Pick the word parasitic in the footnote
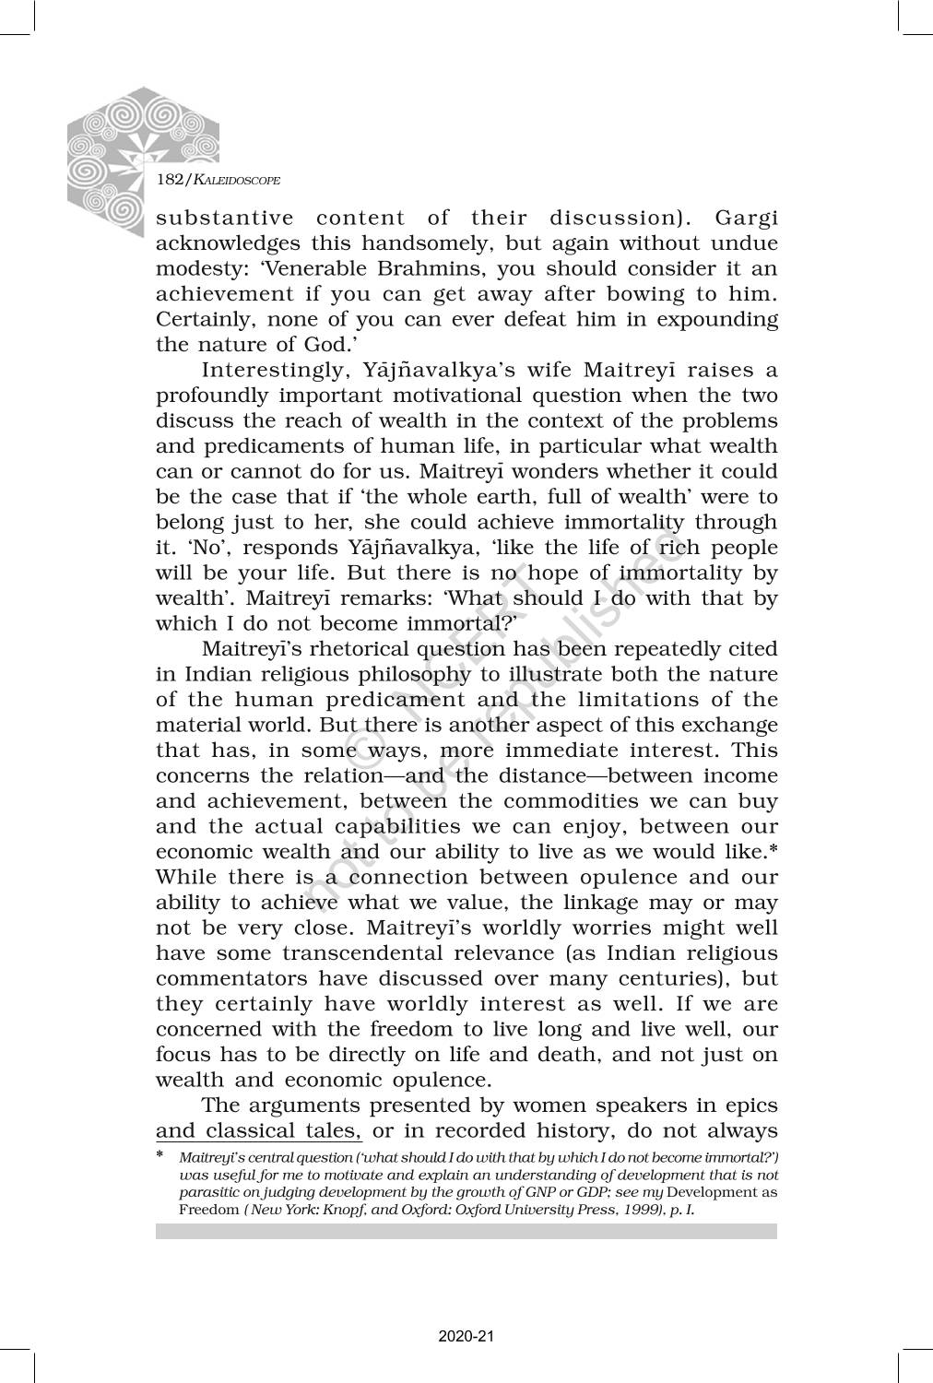point(208,1191)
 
